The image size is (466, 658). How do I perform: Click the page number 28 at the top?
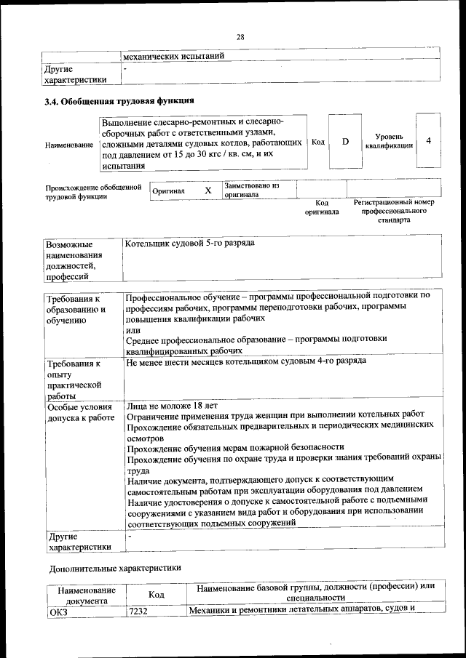coord(240,38)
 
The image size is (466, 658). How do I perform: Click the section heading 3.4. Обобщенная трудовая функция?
coord(119,101)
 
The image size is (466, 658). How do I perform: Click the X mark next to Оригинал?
coord(208,190)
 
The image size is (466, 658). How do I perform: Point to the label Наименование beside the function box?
coord(68,145)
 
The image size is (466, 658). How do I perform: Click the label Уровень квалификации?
coord(394,141)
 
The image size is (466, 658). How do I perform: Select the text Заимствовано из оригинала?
coord(251,190)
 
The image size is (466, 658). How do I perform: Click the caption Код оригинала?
coord(323,208)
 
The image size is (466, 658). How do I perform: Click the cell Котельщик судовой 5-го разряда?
coord(189,242)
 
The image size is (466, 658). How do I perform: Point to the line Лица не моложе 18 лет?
coord(172,406)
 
